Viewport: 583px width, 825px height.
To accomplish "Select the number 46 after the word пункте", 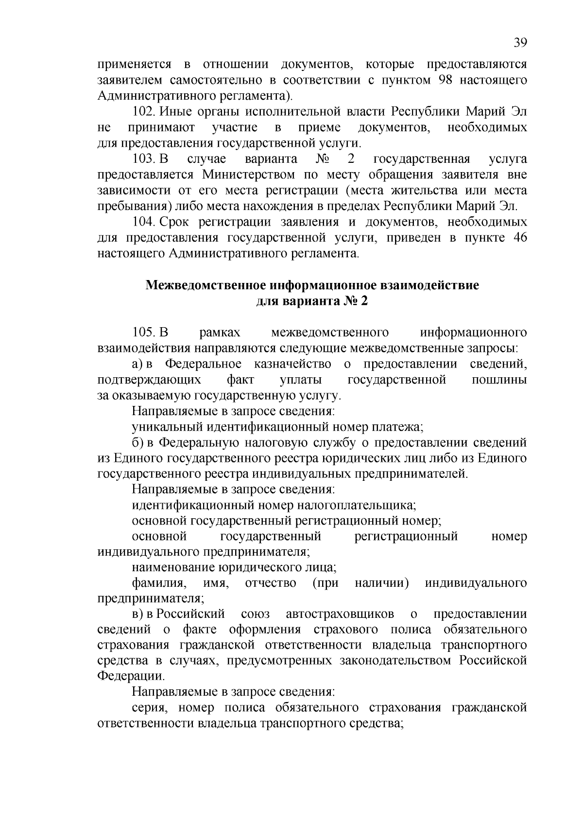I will [517, 238].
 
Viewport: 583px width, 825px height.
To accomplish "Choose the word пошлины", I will [499, 380].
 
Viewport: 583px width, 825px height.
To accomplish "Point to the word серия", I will [148, 708].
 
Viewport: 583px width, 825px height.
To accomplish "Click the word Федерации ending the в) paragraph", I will [130, 676].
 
